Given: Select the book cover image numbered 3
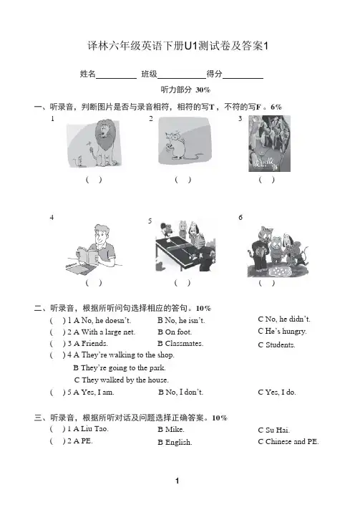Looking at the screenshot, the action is pos(269,143).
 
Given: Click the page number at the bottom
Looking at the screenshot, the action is pos(177,481).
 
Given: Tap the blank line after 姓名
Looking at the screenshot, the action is pos(117,78).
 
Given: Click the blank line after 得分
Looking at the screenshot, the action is pos(243,78).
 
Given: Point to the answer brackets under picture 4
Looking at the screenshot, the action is pos(94,283).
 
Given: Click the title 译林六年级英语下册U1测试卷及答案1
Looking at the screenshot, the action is pos(177,46).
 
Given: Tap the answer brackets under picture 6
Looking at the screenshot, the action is pos(266,283).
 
